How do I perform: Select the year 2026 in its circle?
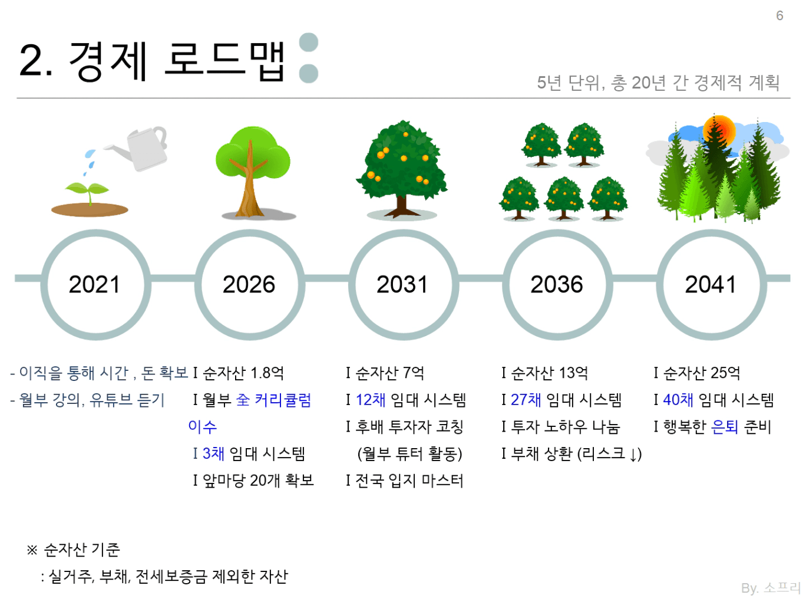pos(249,284)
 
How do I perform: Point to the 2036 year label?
pos(557,284)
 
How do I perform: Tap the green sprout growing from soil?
pos(88,192)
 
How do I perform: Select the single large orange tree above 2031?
pos(402,170)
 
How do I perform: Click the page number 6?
pos(779,16)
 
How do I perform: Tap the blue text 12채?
pos(371,400)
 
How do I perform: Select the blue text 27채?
pos(526,400)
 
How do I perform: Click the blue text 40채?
pos(678,400)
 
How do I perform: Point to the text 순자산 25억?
pos(701,373)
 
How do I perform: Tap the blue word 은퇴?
pos(724,426)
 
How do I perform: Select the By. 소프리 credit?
pos(771,588)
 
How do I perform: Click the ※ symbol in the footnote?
pos(32,550)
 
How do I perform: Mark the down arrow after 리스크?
pos(633,455)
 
